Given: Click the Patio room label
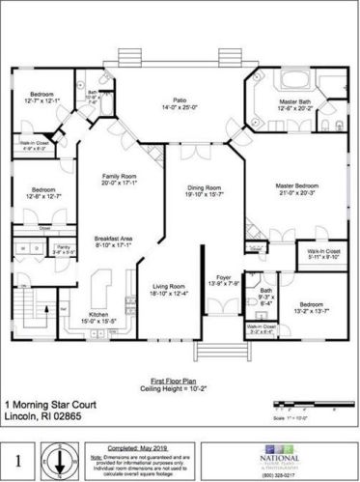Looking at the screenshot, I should [179, 100].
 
